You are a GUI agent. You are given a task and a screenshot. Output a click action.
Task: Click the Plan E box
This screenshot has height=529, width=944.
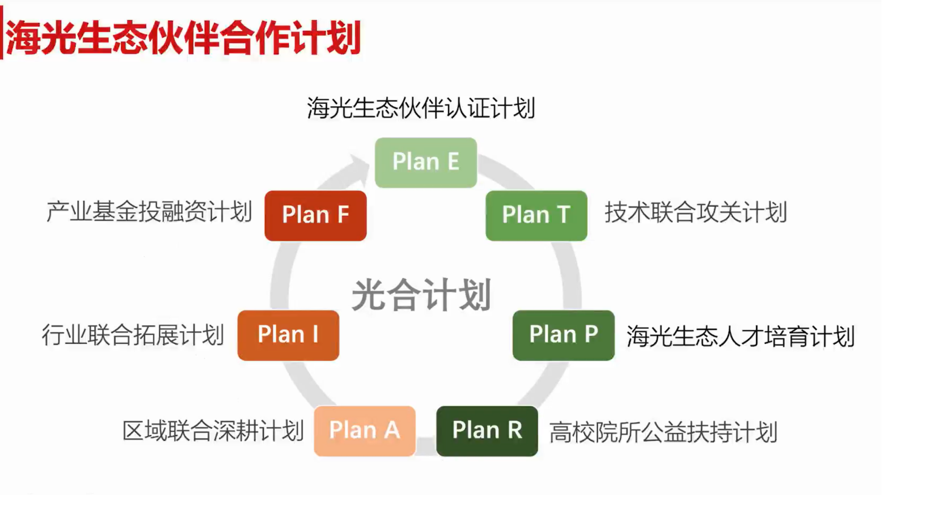tap(426, 163)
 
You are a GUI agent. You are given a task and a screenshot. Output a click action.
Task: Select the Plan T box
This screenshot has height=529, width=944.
tap(536, 215)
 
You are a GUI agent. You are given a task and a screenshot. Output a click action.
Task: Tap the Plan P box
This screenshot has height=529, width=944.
tap(563, 335)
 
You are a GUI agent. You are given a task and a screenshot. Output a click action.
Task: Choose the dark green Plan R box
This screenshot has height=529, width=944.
tap(487, 431)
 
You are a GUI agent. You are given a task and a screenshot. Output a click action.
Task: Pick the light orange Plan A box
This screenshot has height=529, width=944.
tap(364, 431)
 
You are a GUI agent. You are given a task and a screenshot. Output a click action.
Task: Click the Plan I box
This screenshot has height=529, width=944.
tap(288, 335)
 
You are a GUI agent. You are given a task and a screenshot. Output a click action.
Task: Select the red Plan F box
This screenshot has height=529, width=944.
tap(316, 215)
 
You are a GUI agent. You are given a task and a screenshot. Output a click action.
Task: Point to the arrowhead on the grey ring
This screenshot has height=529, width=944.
tap(358, 166)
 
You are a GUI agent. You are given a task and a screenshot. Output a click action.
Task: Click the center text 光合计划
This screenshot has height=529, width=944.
tap(421, 295)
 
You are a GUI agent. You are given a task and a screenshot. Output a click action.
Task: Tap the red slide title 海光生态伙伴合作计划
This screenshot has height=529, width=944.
tap(184, 38)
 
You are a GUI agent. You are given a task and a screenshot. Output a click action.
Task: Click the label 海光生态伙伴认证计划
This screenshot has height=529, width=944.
tap(421, 108)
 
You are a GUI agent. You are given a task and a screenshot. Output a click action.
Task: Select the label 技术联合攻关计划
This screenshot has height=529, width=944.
tap(696, 212)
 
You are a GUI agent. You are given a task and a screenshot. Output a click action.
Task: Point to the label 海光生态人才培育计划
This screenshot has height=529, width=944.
tap(741, 336)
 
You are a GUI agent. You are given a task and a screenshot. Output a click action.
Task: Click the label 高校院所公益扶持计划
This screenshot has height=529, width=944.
tap(664, 432)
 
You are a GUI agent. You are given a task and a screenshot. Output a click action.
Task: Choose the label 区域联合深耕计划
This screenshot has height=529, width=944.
tap(213, 431)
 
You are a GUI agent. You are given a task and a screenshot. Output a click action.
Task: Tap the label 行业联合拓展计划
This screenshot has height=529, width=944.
tap(133, 335)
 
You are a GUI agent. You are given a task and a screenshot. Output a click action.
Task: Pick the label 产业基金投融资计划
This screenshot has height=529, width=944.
tap(149, 212)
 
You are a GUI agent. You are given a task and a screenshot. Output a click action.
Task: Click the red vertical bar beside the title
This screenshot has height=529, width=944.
tap(1, 33)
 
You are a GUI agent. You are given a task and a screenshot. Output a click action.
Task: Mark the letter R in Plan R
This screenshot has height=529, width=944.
tap(515, 430)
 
